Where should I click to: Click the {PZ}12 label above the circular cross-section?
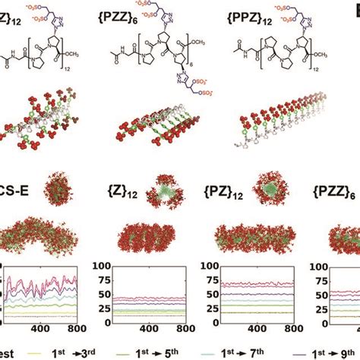222,180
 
